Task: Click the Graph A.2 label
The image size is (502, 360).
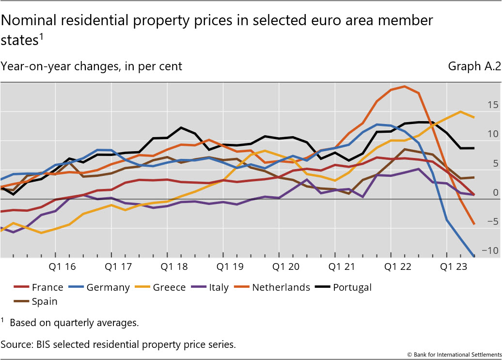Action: coord(474,66)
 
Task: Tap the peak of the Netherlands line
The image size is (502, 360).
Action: coord(404,86)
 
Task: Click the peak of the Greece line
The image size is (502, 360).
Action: coord(460,111)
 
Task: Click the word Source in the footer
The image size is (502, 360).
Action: coord(16,344)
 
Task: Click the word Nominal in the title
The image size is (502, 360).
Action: coord(30,20)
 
